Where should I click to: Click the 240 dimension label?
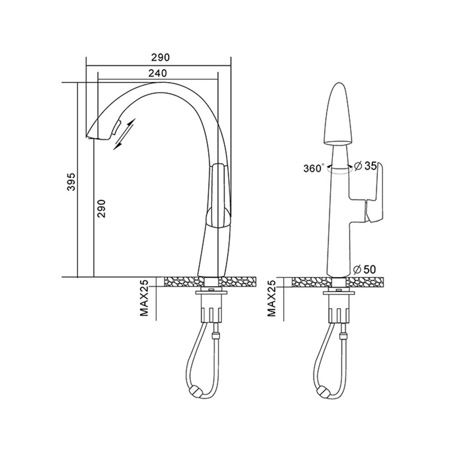click(158, 73)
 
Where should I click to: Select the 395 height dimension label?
click(71, 182)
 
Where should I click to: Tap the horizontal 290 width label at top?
click(160, 57)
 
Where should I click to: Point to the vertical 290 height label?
click(102, 208)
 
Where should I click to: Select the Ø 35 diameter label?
click(365, 166)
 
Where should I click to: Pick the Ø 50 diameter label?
click(365, 270)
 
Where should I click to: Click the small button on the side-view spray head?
click(116, 127)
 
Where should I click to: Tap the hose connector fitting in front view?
click(343, 336)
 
